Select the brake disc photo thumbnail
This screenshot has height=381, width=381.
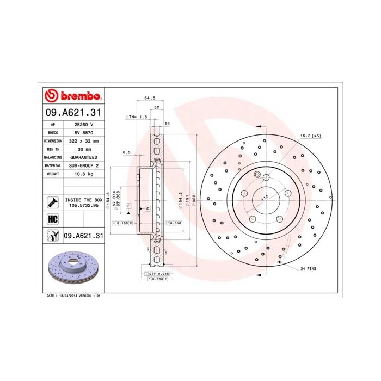pyautogui.click(x=73, y=270)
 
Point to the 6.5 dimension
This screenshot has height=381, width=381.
pyautogui.click(x=126, y=152)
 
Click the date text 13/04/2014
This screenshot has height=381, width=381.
pyautogui.click(x=68, y=295)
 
